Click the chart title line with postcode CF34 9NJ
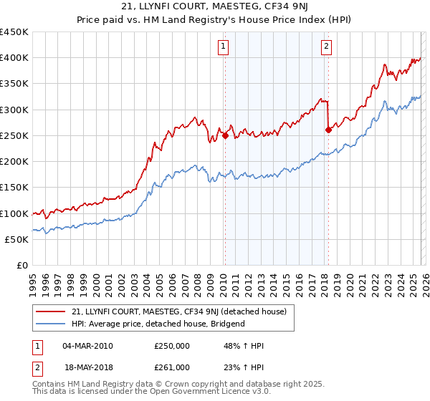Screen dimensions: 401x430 coord(214,8)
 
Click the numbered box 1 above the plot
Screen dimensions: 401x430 coord(224,47)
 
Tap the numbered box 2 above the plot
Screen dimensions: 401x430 coord(326,47)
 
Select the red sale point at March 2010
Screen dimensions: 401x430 coord(225,135)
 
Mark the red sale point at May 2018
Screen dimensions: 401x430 coord(328,130)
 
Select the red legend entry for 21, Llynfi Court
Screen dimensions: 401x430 coord(179,311)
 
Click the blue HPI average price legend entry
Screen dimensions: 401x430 coord(158,324)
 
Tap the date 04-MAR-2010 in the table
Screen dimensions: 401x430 coord(87,346)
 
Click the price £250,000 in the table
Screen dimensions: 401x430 coord(171,346)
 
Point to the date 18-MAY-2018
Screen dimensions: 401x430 coord(87,367)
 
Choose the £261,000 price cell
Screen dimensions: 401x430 coord(171,367)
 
